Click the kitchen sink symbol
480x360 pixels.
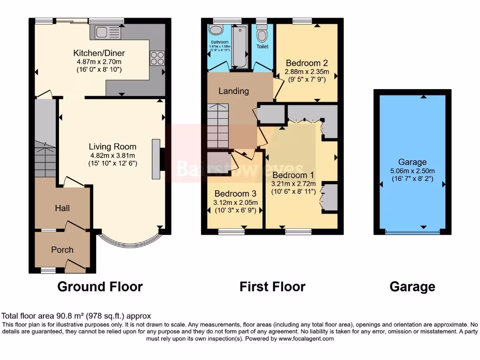(108, 32)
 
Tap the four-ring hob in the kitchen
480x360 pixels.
(157, 58)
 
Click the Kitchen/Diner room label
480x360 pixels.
(99, 53)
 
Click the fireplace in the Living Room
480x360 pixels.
(157, 159)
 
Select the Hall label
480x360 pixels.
(62, 208)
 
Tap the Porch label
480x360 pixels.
(62, 250)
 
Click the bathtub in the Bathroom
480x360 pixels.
(239, 46)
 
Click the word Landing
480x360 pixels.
(233, 91)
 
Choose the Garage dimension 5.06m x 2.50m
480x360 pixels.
(412, 171)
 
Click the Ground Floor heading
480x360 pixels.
(100, 286)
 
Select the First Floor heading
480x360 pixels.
(272, 286)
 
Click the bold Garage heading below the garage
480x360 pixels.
(412, 286)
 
